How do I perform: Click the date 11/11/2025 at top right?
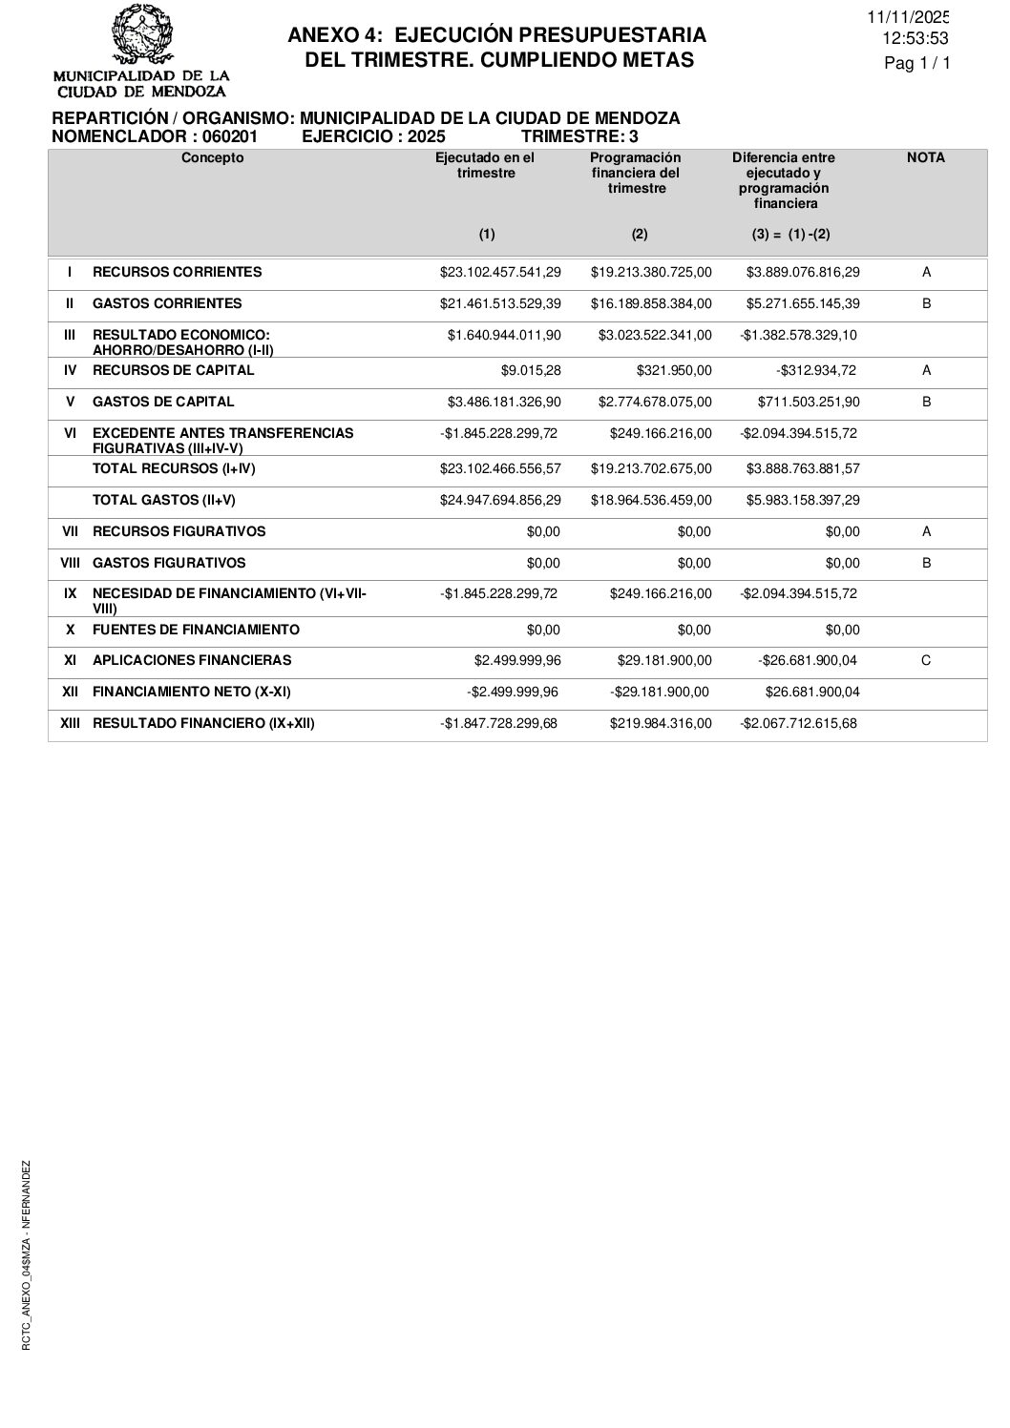[908, 17]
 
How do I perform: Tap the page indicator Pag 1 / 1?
[917, 64]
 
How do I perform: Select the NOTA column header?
[925, 158]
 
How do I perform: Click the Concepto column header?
[212, 158]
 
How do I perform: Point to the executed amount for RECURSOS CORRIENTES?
[500, 273]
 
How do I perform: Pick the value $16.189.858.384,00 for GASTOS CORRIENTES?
[650, 304]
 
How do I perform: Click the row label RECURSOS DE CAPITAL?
[173, 370]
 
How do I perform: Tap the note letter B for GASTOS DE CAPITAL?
[926, 402]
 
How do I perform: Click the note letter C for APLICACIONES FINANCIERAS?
[926, 660]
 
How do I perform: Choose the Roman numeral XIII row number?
[70, 723]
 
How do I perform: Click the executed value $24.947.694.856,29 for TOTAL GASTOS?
[500, 500]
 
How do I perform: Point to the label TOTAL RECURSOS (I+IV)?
[173, 468]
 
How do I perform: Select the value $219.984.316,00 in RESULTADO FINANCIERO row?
[660, 723]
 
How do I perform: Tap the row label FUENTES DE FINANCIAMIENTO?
[196, 630]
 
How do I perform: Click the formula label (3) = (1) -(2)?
[784, 235]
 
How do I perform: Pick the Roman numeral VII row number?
[70, 531]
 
